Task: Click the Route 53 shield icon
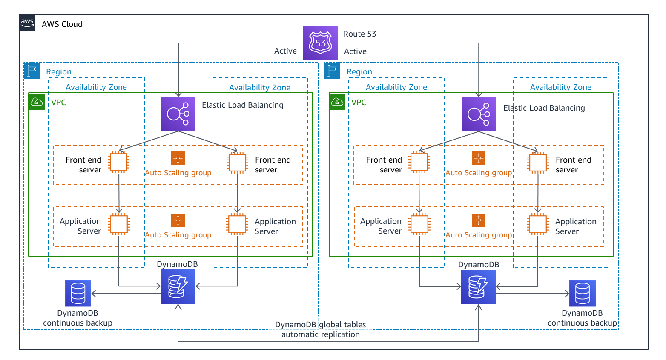coord(320,43)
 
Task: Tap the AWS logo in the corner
coord(27,23)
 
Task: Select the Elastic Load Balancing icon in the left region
coord(178,114)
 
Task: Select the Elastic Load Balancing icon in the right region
coord(479,114)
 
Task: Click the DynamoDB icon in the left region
coord(178,286)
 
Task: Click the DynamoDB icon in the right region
coord(478,287)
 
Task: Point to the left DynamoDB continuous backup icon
coord(78,293)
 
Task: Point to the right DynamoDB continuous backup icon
coord(582,293)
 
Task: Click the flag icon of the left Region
coord(32,71)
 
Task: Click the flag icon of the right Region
coord(332,71)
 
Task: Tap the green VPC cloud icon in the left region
coord(37,102)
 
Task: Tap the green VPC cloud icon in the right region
coord(337,102)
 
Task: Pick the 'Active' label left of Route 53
coord(285,51)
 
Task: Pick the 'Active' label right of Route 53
coord(355,51)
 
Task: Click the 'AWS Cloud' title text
coord(62,24)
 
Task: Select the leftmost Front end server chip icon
coord(119,162)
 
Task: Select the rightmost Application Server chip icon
coord(538,224)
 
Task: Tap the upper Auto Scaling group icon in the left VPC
coord(178,158)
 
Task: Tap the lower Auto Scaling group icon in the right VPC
coord(479,220)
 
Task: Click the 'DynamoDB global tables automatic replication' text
coord(321,329)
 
